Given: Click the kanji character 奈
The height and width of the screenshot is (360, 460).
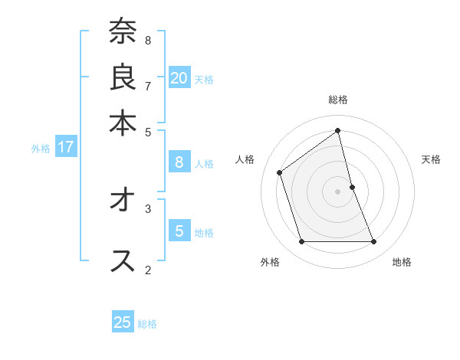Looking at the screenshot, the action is point(123,33).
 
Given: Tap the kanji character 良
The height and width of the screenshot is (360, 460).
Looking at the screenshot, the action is point(123,77).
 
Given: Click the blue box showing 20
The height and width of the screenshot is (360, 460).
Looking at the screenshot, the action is point(179,78).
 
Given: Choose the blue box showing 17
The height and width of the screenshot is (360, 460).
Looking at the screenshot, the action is point(65,147).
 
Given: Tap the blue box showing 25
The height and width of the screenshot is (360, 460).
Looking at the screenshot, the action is point(123,322).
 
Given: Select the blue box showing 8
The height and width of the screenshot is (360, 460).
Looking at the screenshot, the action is point(179,162).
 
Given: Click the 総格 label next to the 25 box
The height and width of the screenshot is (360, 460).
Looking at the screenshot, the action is point(147,324).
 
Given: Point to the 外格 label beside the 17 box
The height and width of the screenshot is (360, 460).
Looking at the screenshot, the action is point(41,149).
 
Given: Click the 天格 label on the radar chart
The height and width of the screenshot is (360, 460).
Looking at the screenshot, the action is point(431,159).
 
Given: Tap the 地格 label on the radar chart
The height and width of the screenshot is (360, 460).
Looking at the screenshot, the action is point(402,262).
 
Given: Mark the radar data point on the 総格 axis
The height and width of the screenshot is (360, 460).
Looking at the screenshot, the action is point(337,131).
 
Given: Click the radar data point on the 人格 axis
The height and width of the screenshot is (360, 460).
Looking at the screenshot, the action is point(280,172).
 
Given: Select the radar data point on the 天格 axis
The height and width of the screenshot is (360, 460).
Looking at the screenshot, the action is point(352,187).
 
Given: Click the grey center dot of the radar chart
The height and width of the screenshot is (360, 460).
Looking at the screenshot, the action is point(337,191).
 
